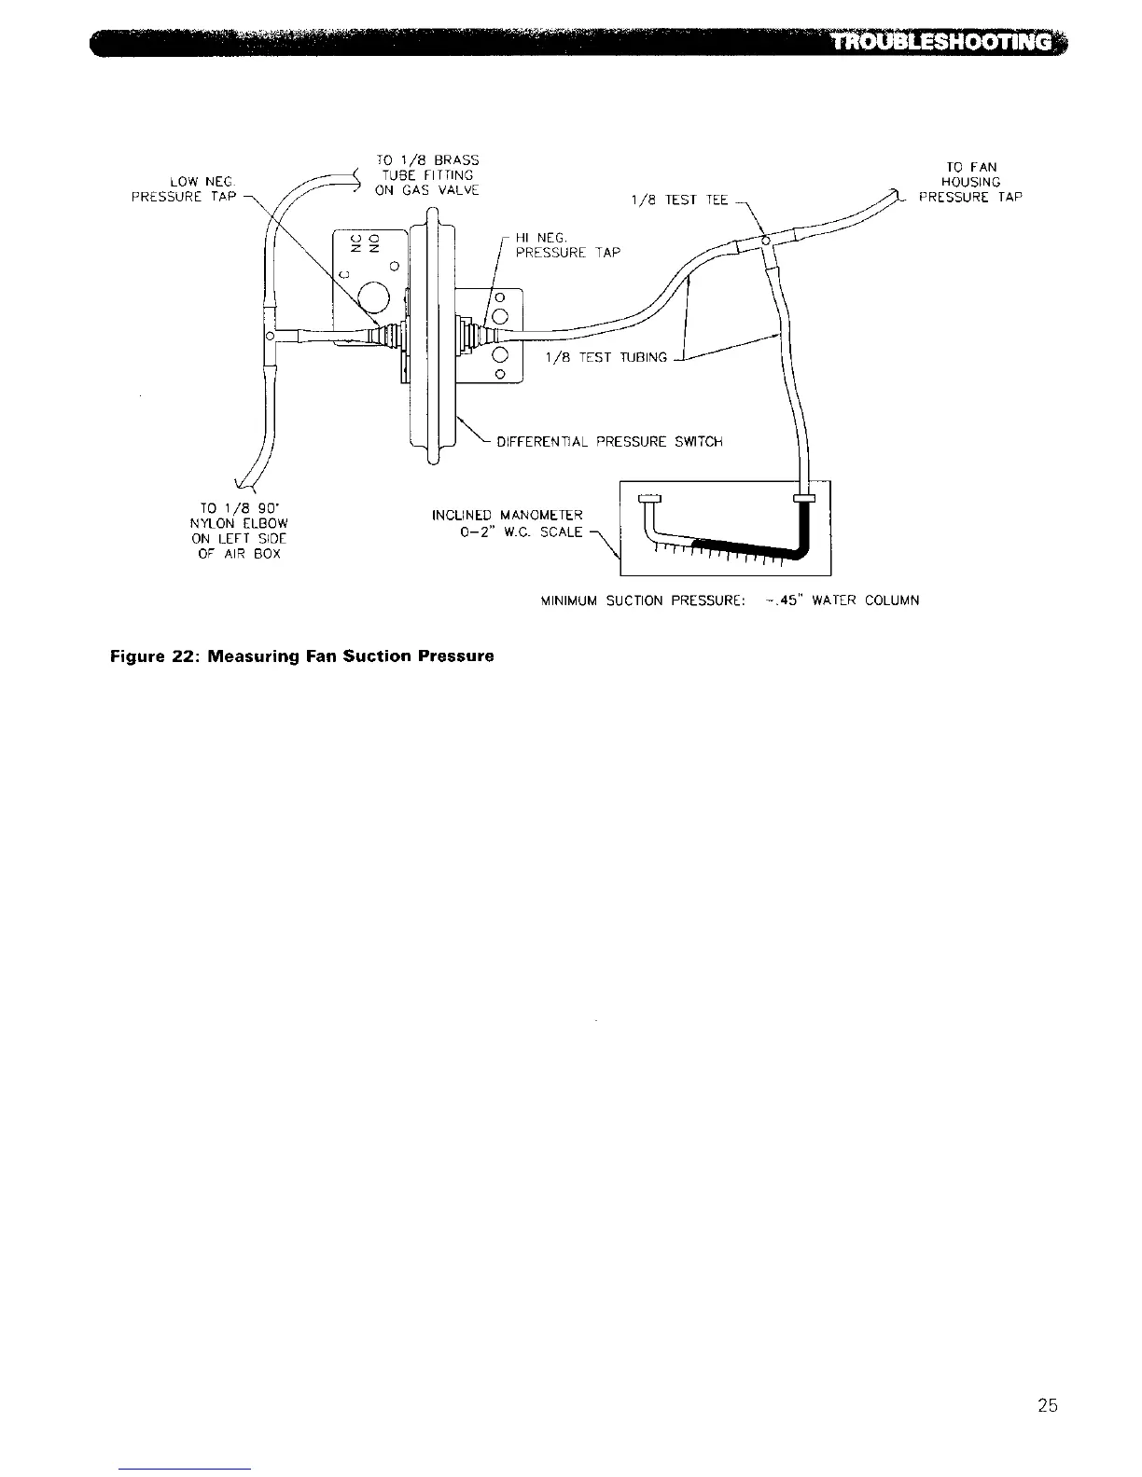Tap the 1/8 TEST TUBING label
tap(606, 357)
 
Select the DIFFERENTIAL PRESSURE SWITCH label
tap(609, 441)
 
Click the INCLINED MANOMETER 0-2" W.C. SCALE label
tap(508, 523)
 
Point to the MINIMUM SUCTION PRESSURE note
tap(730, 600)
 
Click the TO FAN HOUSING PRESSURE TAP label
tap(970, 183)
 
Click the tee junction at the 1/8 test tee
tap(766, 243)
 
